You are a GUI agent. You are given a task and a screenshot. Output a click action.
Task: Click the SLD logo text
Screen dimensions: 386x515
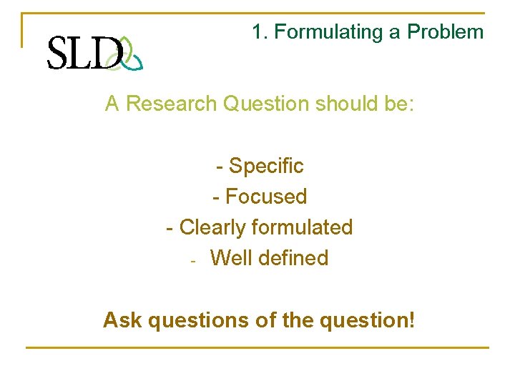[84, 53]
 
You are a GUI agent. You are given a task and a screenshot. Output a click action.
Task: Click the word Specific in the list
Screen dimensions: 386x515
[266, 167]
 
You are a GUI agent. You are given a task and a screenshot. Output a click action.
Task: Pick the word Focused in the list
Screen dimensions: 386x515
[266, 197]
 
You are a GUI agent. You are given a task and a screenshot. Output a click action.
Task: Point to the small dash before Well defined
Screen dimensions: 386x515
[193, 260]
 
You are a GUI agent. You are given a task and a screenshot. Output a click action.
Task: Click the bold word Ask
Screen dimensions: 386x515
[122, 320]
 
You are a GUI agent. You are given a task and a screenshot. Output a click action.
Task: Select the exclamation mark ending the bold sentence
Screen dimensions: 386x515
[411, 319]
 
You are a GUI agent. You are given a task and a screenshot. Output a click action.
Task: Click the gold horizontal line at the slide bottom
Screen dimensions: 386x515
[257, 348]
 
